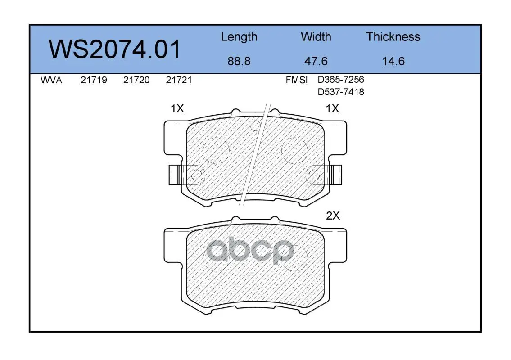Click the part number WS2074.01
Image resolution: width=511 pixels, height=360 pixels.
114,49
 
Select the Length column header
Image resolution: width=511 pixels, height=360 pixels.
239,37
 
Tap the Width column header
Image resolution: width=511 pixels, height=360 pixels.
316,37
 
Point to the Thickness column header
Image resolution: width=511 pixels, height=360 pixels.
393,37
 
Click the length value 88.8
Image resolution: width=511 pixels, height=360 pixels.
239,61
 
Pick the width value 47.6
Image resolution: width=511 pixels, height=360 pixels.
316,61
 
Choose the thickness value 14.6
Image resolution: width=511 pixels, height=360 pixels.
393,61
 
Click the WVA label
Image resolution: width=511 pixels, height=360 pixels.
51,80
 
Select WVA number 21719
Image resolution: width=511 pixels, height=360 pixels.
94,80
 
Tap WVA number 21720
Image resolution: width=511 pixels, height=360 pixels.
136,80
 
